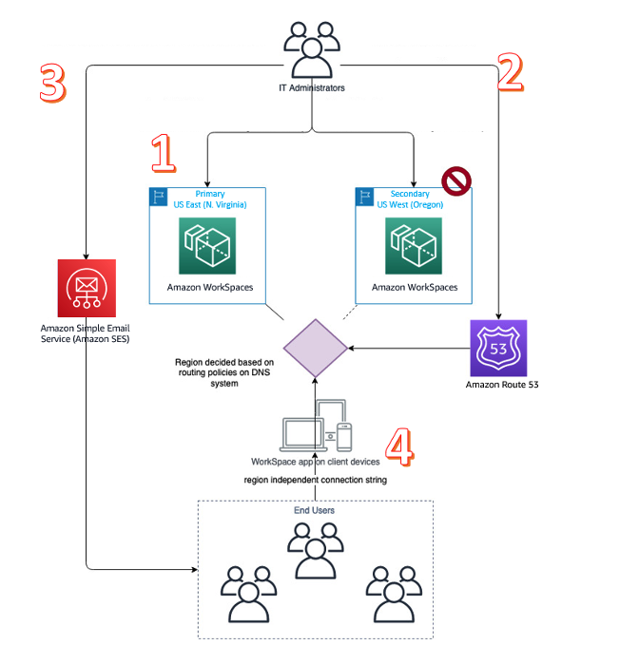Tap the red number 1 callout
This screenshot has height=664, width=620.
tap(163, 153)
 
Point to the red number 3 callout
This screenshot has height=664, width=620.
tap(53, 84)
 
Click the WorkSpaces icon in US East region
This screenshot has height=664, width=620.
tap(207, 246)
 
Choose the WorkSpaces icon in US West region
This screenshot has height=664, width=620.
tap(414, 246)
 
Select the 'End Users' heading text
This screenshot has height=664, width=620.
tap(314, 510)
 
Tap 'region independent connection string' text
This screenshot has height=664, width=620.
tap(315, 479)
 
